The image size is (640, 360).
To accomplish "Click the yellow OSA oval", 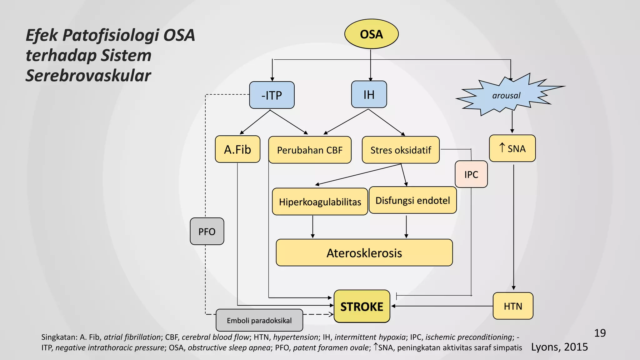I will click(x=371, y=34).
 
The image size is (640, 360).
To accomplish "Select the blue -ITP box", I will click(x=272, y=95).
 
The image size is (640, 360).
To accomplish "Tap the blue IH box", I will click(x=369, y=94).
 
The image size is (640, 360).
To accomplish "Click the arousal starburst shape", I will click(x=506, y=96).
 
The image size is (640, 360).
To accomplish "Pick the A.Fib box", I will click(x=237, y=149).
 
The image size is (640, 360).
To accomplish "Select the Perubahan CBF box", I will click(x=310, y=150).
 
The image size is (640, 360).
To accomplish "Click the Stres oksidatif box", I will click(x=401, y=150).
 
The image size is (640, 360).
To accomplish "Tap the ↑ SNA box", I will click(x=512, y=148).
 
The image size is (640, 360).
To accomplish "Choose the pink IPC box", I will click(x=471, y=174).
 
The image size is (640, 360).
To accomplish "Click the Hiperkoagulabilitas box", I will click(x=320, y=202).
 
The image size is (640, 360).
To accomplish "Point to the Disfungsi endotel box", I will click(x=412, y=200).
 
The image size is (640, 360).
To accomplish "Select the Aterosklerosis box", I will click(x=364, y=253).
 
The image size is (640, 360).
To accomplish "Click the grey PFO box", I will click(x=207, y=232).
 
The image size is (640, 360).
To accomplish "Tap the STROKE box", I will click(x=362, y=307).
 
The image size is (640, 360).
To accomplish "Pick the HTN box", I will click(x=513, y=306).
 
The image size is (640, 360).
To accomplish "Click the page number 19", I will click(x=600, y=333).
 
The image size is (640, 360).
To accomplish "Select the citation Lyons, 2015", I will click(x=559, y=347).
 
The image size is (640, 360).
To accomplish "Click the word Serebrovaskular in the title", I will click(x=88, y=76).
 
